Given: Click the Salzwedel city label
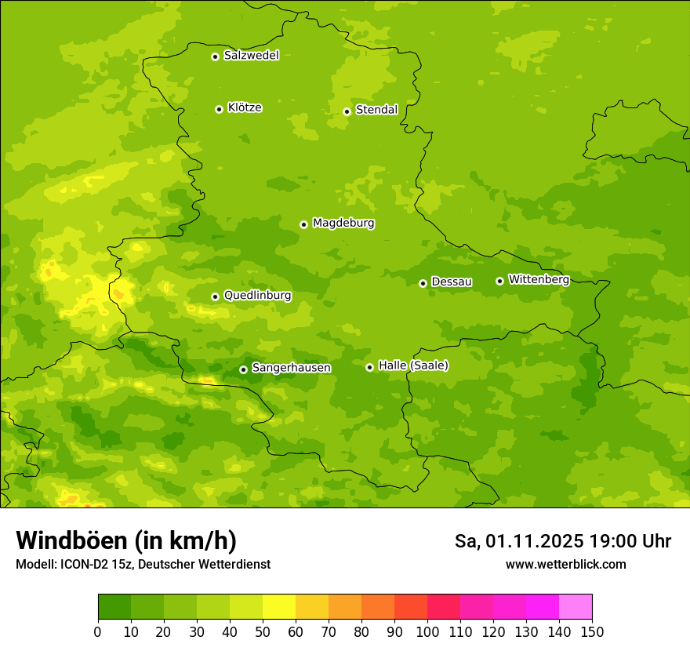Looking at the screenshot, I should [251, 56].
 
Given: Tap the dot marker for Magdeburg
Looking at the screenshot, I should [303, 224].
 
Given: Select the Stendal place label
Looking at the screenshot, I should [376, 110].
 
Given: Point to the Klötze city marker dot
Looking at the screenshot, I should [219, 109].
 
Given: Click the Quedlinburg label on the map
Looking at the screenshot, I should [257, 296].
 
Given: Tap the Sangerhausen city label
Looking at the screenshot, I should [291, 368].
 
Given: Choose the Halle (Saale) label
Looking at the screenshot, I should [413, 366].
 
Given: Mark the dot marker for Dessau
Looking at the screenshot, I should [423, 283].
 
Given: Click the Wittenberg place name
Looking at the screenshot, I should [539, 279].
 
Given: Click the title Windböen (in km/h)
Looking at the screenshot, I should [126, 540].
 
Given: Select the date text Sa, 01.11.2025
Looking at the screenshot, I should [520, 541].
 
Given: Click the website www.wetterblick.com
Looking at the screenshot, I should [565, 564].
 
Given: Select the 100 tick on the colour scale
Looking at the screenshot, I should [427, 631].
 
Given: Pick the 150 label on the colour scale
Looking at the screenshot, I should [591, 631].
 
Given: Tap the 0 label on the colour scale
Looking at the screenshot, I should [98, 631].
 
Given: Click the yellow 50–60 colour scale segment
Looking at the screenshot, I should [279, 607].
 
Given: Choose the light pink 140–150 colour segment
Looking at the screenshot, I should [576, 607].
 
